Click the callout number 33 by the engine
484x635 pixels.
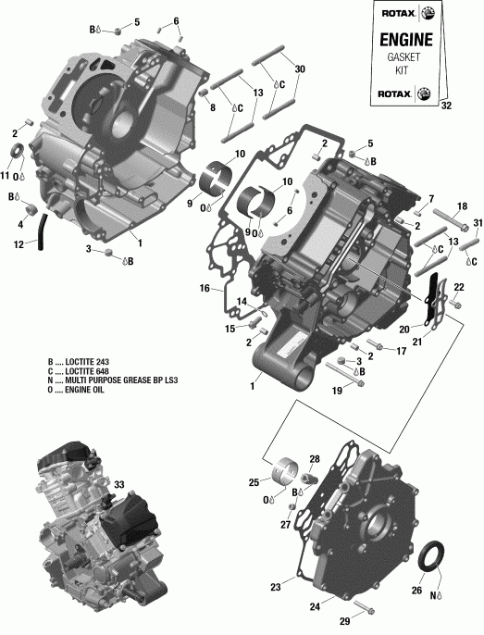tap(119, 484)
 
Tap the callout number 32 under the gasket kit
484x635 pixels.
tap(448, 106)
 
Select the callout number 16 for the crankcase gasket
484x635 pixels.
tap(205, 289)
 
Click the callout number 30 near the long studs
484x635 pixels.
tap(299, 69)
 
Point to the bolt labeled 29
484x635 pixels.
tap(359, 609)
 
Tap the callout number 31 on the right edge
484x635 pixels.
tap(478, 224)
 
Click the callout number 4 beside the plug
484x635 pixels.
tap(19, 223)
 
